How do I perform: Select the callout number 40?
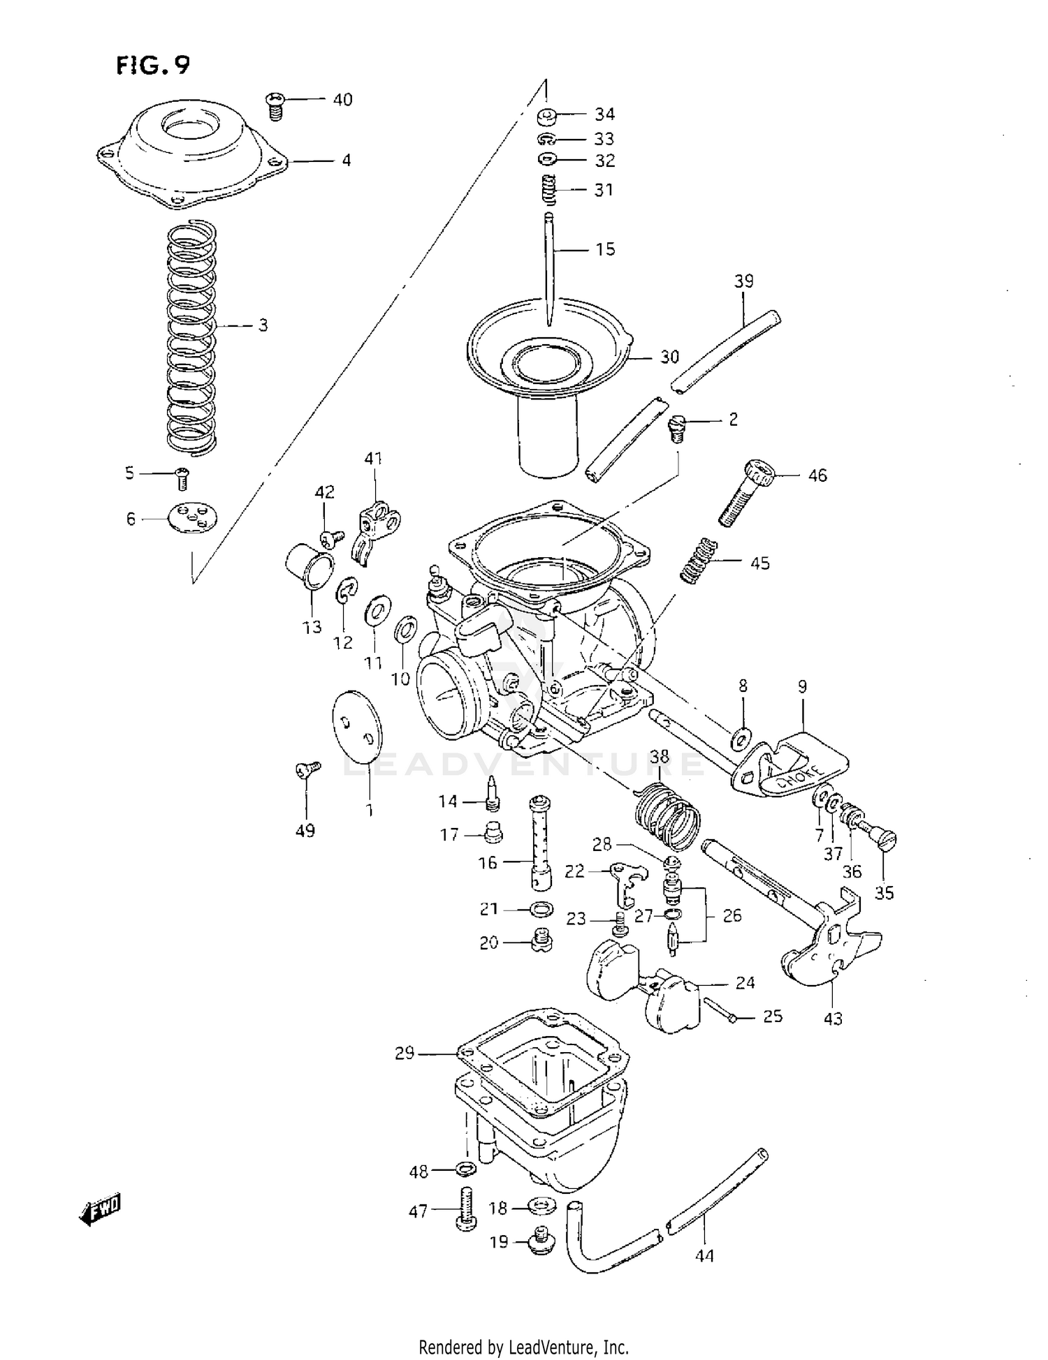(342, 100)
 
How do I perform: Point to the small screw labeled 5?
(184, 479)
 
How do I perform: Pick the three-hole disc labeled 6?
(192, 517)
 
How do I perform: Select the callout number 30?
(669, 357)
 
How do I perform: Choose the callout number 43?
(833, 1019)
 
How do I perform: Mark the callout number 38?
(659, 757)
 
